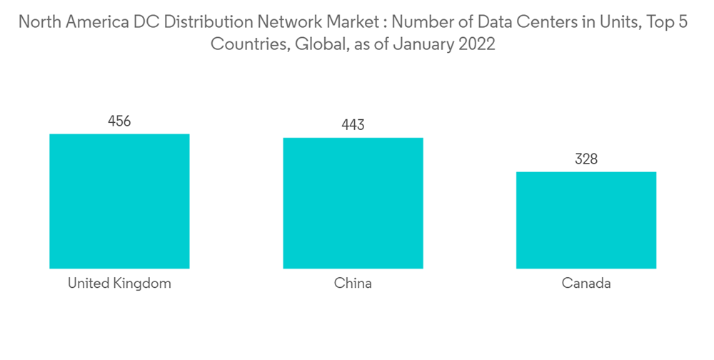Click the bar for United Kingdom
119,201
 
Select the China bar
353,203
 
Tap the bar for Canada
586,220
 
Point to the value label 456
119,121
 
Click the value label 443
353,125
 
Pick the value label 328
586,159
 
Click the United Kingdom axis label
119,284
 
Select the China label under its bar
353,284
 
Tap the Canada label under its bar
586,284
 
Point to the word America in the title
94,22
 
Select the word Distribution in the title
203,22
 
